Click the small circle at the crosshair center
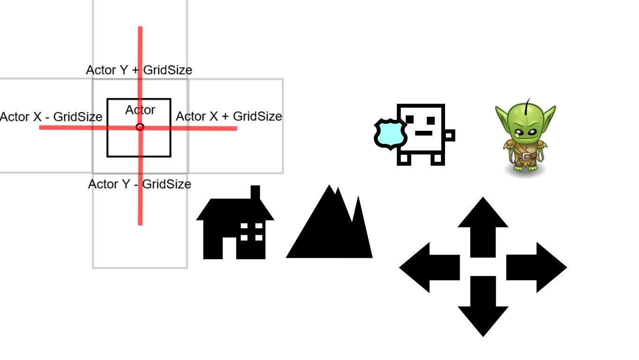[x=140, y=127]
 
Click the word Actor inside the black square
[x=140, y=110]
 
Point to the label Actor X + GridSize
[x=229, y=116]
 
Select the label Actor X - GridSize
[x=51, y=117]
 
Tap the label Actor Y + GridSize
[x=139, y=70]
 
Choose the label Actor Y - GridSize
[x=140, y=184]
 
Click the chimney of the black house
[x=255, y=193]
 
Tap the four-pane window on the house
[x=252, y=232]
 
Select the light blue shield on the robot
[x=390, y=134]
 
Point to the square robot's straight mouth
[x=424, y=134]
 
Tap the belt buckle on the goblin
[x=528, y=157]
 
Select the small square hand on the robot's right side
[x=449, y=135]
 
